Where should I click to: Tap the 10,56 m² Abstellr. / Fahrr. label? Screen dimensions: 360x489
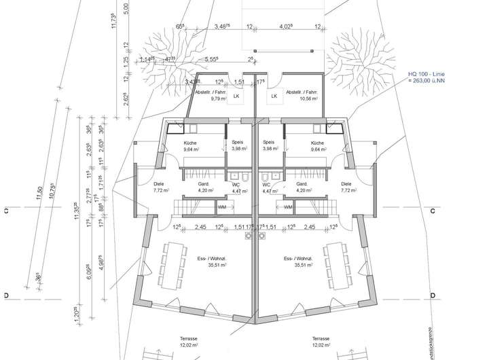tap(300, 95)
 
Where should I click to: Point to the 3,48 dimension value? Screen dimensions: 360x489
tap(220, 27)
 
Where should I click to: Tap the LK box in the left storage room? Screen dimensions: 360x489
tap(236, 96)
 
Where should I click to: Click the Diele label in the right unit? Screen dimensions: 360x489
tap(346, 183)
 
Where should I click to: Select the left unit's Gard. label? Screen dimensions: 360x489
tap(202, 183)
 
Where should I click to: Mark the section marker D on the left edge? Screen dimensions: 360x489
tap(5, 297)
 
